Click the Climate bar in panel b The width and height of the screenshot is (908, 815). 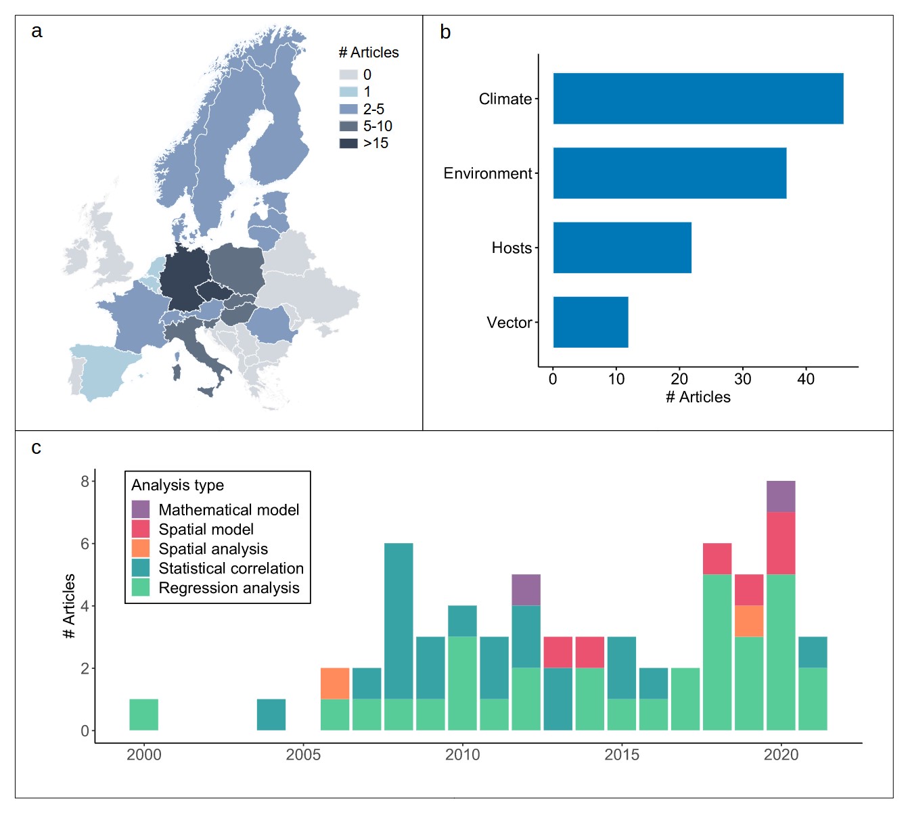point(698,99)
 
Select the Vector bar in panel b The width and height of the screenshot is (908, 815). point(590,322)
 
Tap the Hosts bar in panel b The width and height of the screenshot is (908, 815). point(622,248)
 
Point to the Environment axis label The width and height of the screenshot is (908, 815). point(487,174)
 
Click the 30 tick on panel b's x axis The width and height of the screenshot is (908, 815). point(742,379)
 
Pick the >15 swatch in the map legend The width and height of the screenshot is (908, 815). point(348,143)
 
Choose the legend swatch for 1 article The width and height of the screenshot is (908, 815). point(348,92)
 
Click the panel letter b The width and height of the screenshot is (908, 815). point(445,32)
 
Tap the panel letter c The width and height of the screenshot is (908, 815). point(37,448)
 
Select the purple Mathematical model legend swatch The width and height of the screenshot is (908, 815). point(141,509)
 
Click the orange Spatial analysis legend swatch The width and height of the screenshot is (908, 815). point(141,549)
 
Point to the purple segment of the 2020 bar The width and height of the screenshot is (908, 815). point(781,496)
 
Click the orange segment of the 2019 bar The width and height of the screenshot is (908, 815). point(749,621)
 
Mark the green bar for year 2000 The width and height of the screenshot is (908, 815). point(143,714)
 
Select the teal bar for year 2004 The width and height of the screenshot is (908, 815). point(271,714)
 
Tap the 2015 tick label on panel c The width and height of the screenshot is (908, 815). point(622,755)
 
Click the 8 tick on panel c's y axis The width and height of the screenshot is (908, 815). point(85,482)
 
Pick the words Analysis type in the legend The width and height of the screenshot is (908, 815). point(177,486)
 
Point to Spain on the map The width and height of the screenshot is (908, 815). point(101,369)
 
